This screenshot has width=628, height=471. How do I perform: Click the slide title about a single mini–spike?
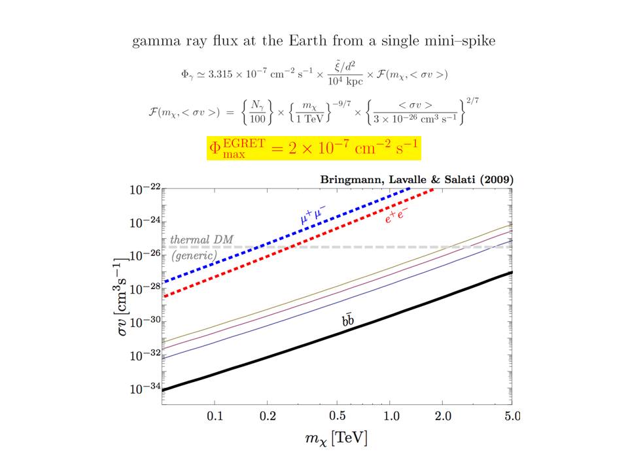point(313,42)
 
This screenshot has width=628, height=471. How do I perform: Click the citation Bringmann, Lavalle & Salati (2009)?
point(416,179)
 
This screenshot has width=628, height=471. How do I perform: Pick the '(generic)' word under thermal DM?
point(194,256)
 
